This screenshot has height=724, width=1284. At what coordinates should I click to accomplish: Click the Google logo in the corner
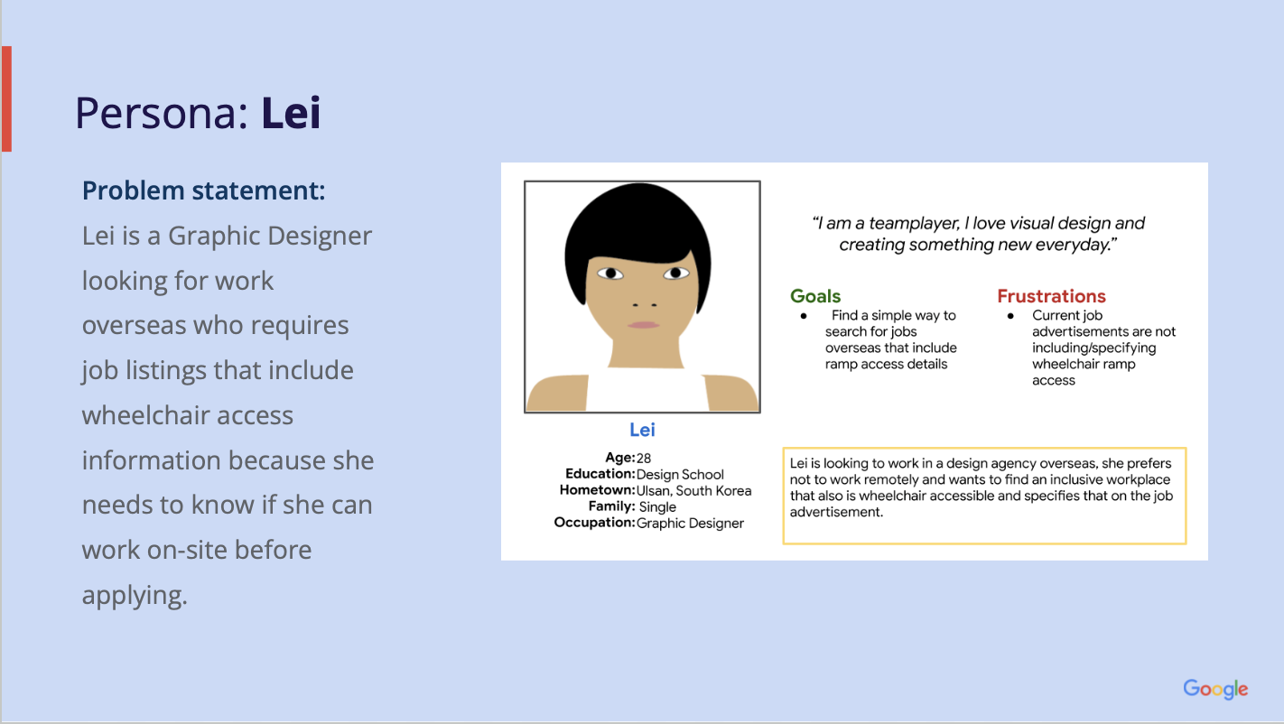pyautogui.click(x=1215, y=689)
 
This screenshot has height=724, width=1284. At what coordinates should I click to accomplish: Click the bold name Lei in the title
pyautogui.click(x=291, y=113)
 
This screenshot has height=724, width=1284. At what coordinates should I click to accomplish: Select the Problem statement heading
pyautogui.click(x=203, y=190)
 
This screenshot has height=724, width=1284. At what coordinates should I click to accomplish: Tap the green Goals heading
pyautogui.click(x=815, y=296)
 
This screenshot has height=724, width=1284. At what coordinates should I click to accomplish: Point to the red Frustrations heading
pyautogui.click(x=1051, y=296)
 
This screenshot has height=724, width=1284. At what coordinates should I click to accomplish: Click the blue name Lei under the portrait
pyautogui.click(x=642, y=430)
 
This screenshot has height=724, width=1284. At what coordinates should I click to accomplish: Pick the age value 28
pyautogui.click(x=644, y=458)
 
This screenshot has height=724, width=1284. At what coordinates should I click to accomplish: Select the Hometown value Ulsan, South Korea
pyautogui.click(x=693, y=491)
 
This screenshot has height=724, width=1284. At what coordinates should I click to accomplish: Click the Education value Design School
pyautogui.click(x=680, y=475)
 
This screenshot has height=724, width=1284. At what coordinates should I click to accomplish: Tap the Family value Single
pyautogui.click(x=657, y=506)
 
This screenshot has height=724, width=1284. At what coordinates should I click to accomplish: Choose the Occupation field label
pyautogui.click(x=594, y=523)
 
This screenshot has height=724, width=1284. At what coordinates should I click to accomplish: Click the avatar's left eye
pyautogui.click(x=610, y=274)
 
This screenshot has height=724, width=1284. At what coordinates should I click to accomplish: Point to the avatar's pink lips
pyautogui.click(x=643, y=325)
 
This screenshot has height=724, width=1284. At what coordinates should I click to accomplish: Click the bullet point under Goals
pyautogui.click(x=804, y=316)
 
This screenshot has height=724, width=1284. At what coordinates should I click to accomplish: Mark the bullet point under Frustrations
pyautogui.click(x=1010, y=316)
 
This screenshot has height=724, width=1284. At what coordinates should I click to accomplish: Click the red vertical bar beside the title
pyautogui.click(x=7, y=98)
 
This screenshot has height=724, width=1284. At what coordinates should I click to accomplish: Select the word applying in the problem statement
pyautogui.click(x=135, y=596)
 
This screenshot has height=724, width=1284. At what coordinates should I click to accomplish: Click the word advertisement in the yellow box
pyautogui.click(x=836, y=512)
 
